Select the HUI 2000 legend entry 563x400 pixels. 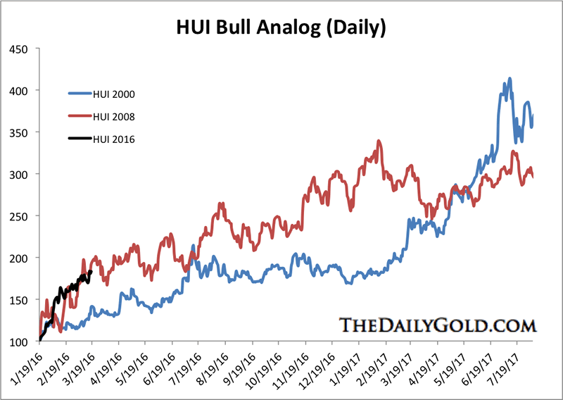coord(113,92)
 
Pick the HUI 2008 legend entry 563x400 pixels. coord(113,115)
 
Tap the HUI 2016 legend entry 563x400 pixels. coord(113,139)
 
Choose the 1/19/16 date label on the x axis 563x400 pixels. coord(24,367)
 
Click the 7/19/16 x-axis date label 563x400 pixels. coord(183,367)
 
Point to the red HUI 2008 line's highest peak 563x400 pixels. coord(379,141)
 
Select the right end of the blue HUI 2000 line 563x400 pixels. coord(533,115)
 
